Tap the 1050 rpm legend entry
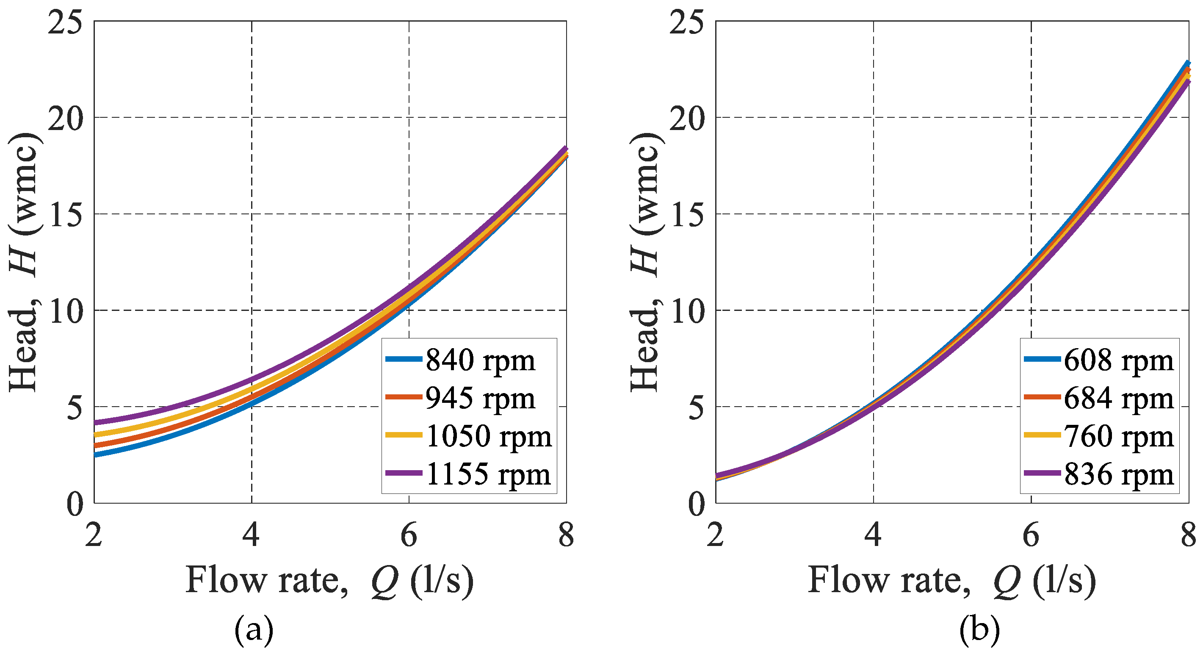tap(489, 436)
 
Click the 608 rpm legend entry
tap(1118, 360)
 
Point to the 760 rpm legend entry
tap(1118, 436)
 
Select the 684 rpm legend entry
tap(1118, 399)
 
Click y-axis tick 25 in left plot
tap(65, 22)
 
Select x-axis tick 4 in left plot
tap(251, 535)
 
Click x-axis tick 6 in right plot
tap(1031, 535)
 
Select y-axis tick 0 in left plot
tap(75, 504)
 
